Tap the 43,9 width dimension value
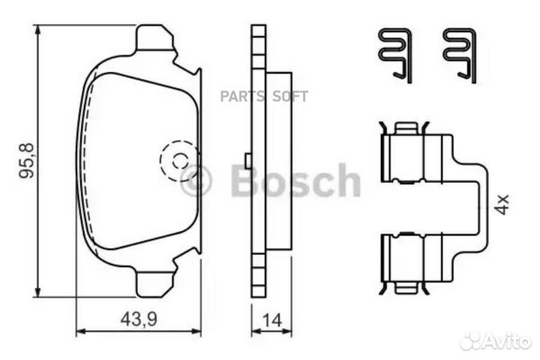point(139,319)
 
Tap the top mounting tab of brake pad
point(155,40)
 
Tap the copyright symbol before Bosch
point(196,181)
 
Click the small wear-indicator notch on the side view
point(247,160)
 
